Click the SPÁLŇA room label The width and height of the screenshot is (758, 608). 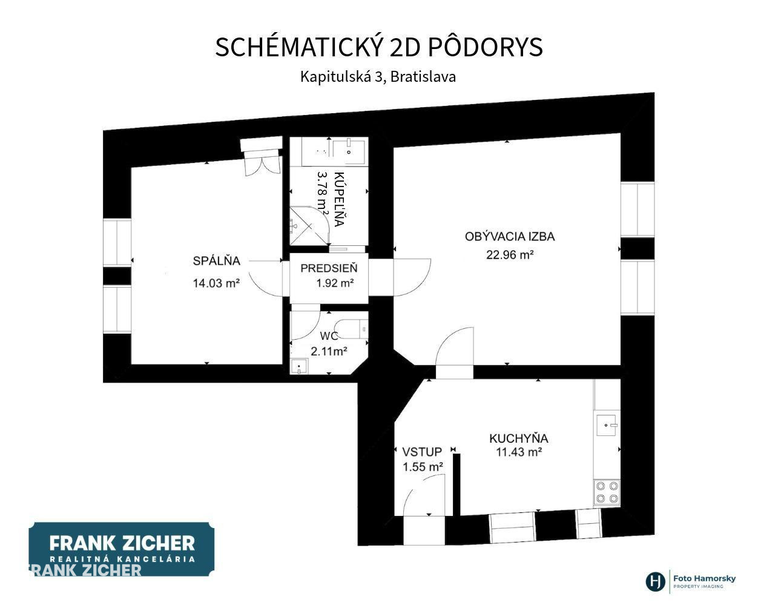(216, 261)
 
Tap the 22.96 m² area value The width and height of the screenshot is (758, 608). (510, 254)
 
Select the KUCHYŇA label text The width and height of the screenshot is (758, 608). (519, 438)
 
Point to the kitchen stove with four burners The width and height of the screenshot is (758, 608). (607, 492)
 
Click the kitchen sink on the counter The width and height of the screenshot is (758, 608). (607, 425)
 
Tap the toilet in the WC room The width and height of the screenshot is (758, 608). (351, 329)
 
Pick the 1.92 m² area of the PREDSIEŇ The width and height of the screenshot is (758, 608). (335, 283)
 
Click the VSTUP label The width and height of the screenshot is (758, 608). (422, 452)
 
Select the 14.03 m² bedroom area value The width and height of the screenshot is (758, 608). (216, 283)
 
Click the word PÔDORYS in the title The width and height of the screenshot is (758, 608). (485, 47)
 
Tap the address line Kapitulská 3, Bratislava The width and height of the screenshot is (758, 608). (378, 76)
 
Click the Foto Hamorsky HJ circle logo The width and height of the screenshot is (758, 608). (656, 581)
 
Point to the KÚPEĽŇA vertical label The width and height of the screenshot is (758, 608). (339, 199)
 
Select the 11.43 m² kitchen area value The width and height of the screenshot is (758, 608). (519, 452)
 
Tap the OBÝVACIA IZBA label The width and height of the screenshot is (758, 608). (510, 236)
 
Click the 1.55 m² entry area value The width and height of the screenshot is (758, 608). (423, 467)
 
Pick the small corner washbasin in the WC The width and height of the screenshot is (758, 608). (299, 366)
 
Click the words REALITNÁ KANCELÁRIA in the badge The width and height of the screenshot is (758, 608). (122, 559)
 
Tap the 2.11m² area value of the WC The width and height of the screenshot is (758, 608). (329, 351)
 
